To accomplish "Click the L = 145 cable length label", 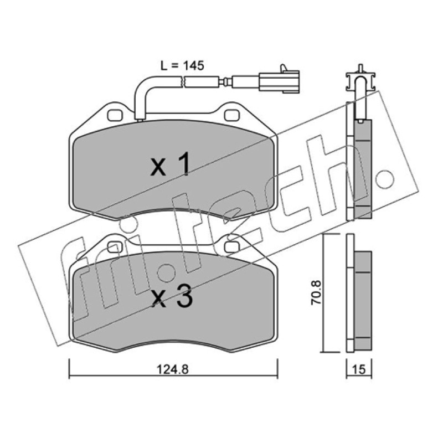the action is click(x=182, y=65).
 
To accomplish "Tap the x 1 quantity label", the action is click(x=171, y=164).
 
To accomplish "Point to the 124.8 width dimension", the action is click(x=172, y=369).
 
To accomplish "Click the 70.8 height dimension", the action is click(x=316, y=292).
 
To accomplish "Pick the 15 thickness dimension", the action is click(x=359, y=369).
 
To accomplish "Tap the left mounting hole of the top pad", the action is click(x=115, y=115).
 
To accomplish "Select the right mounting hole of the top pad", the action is click(x=232, y=115).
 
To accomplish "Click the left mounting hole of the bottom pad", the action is click(x=115, y=246).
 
